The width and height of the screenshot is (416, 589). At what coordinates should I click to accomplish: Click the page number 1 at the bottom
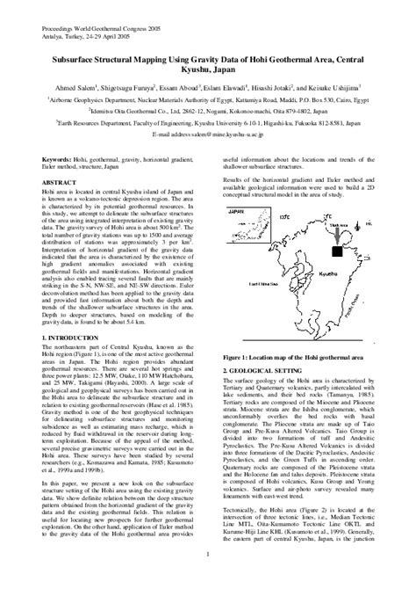(x=208, y=578)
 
